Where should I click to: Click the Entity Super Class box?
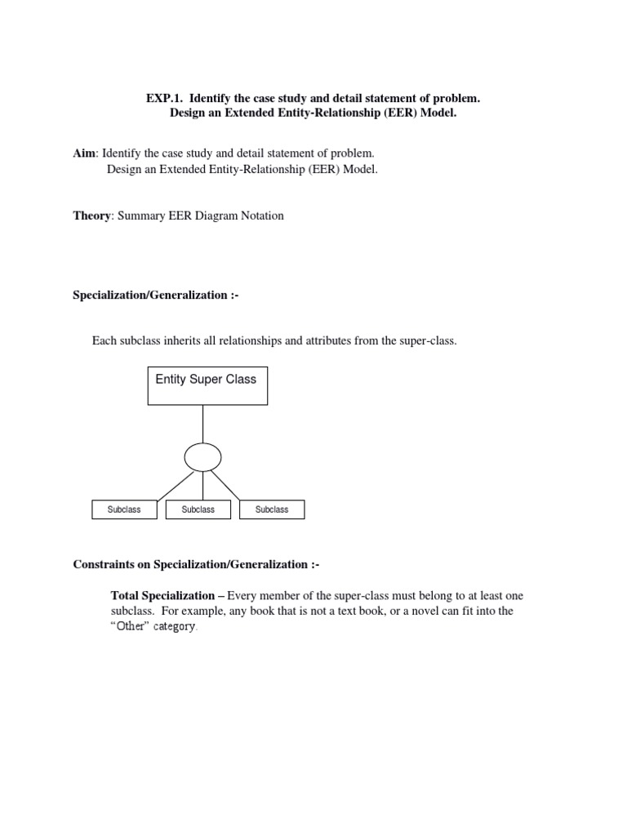click(x=207, y=385)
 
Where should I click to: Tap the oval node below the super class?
click(x=202, y=457)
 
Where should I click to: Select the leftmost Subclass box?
click(x=124, y=509)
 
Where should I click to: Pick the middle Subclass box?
click(x=198, y=509)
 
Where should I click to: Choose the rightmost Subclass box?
click(x=272, y=509)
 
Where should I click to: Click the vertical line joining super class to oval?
click(x=202, y=423)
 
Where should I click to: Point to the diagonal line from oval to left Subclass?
click(x=173, y=485)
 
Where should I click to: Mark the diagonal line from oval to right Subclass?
click(x=229, y=485)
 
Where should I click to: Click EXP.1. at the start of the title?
click(x=164, y=99)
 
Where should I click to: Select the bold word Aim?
click(x=85, y=153)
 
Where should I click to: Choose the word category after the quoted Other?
click(x=173, y=626)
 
